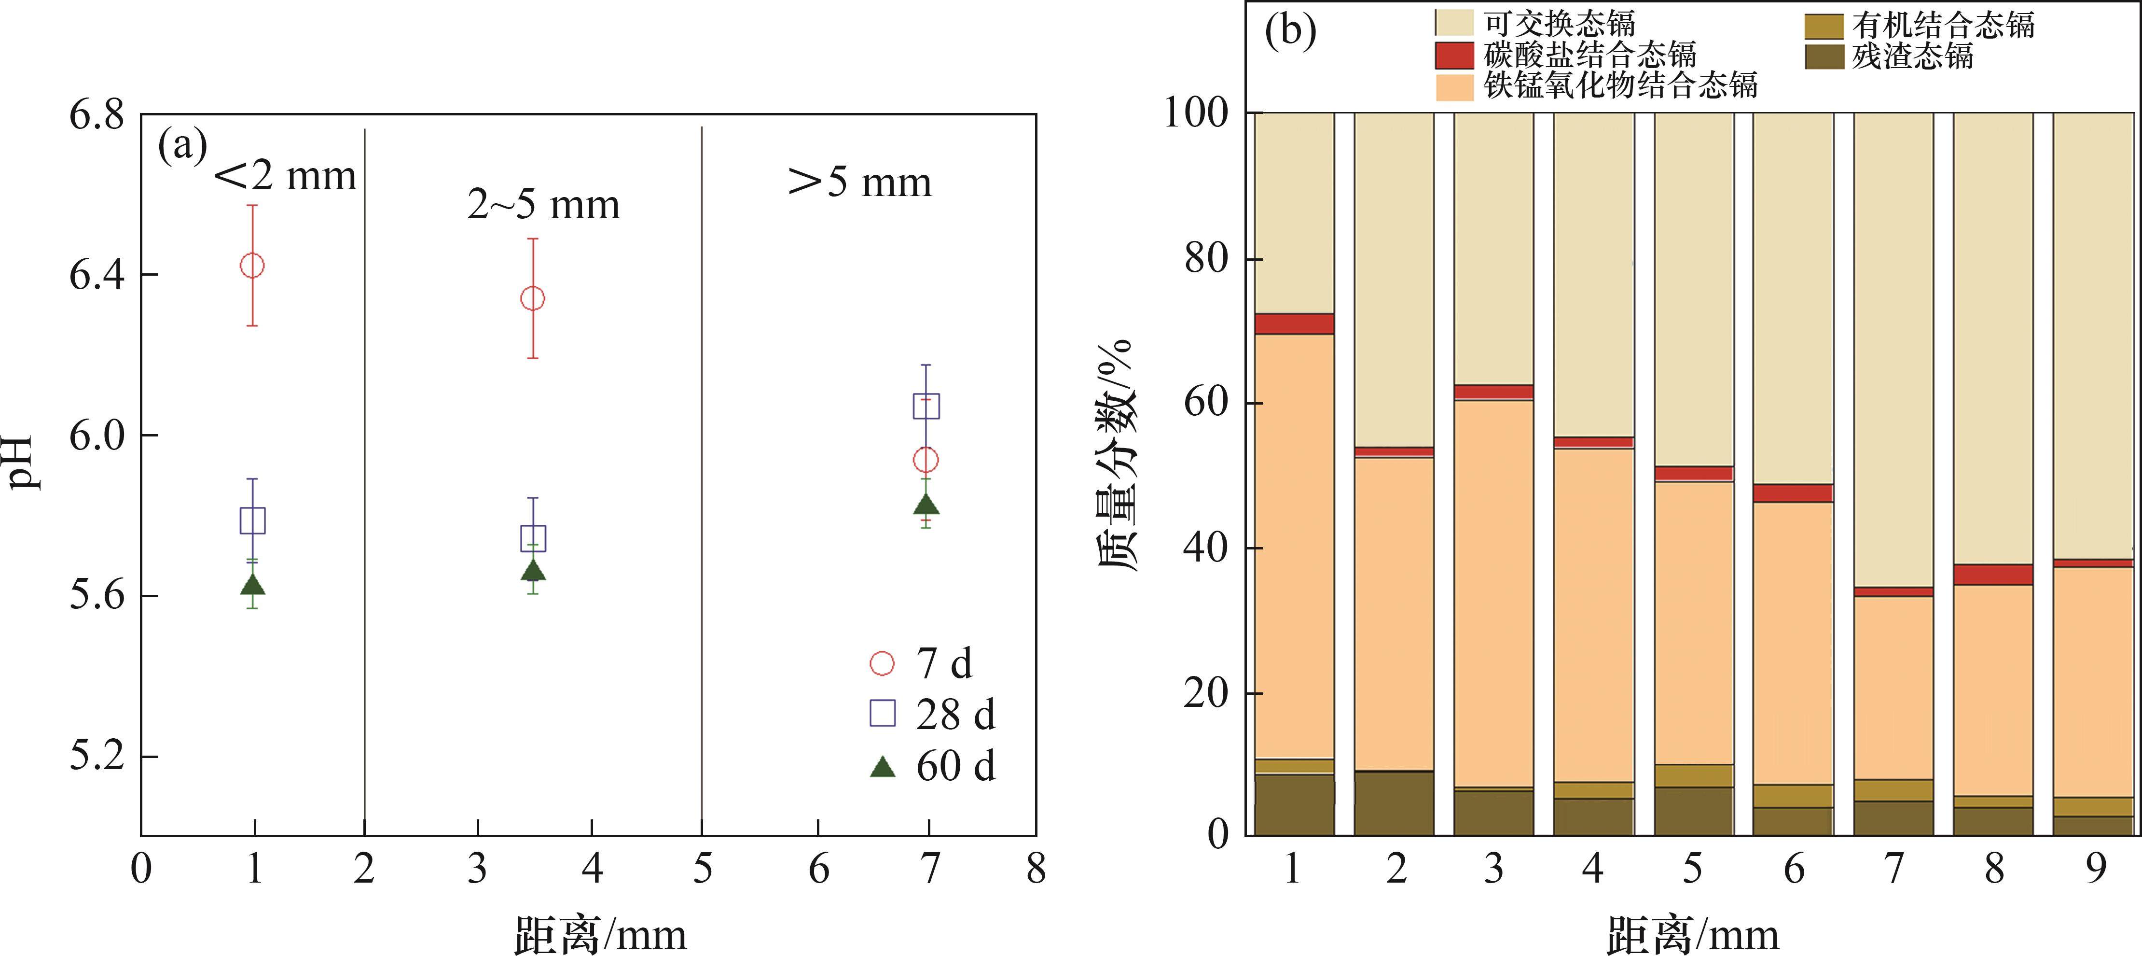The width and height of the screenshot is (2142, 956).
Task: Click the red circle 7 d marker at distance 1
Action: [252, 266]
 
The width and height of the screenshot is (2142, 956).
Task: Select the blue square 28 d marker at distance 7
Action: [926, 406]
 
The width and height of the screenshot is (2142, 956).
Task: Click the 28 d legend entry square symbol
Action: [882, 713]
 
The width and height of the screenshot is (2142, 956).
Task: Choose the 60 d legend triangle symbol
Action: [882, 766]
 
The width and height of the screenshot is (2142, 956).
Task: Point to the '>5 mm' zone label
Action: [860, 182]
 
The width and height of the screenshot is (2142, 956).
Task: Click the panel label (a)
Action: [182, 146]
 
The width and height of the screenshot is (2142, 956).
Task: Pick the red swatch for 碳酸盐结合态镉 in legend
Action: [1454, 55]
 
